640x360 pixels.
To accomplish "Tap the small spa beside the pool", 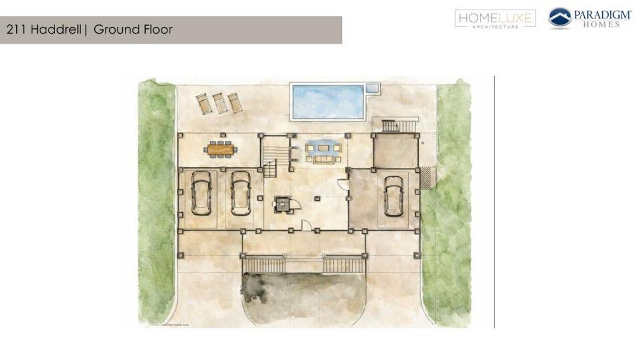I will (372, 88).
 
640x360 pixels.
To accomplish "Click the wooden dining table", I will (220, 148).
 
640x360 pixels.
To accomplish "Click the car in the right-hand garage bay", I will (393, 195).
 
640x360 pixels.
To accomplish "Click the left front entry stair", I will (264, 265).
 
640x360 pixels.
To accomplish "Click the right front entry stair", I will (344, 265).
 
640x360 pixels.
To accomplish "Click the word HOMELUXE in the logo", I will (495, 18).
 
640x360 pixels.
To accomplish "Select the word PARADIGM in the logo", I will (602, 15).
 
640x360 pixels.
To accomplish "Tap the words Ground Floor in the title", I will (133, 29).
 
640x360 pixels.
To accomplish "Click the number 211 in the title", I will (16, 29).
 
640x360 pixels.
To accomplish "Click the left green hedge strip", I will (157, 198).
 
